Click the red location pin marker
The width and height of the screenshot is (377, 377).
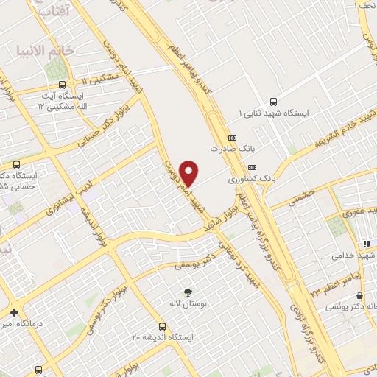[189, 172]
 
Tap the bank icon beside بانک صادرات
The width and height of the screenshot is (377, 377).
[233, 137]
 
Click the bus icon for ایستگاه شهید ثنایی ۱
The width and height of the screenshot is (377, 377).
[274, 102]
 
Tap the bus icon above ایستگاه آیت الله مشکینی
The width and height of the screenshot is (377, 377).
[61, 84]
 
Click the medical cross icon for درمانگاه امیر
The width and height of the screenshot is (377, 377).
[14, 312]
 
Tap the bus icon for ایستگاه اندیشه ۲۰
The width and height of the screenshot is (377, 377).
[162, 326]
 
